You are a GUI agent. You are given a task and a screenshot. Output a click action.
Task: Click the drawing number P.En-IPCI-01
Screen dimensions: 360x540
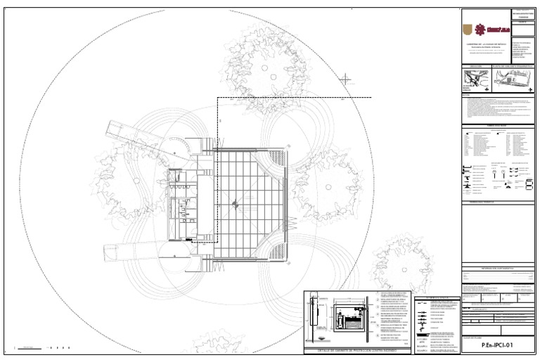[498, 346]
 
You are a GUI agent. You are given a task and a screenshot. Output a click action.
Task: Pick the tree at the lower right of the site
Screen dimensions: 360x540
[400, 263]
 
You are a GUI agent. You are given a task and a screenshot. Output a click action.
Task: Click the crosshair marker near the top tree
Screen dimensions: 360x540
[347, 80]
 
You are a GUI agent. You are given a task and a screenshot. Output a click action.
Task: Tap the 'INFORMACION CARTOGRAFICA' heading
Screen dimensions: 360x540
[496, 268]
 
